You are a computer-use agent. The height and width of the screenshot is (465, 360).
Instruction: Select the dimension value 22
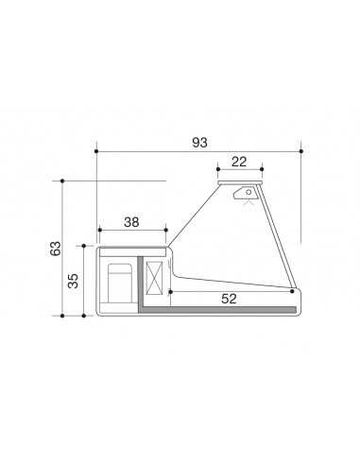(x=238, y=162)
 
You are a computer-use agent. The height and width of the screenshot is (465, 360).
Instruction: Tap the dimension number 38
(x=131, y=222)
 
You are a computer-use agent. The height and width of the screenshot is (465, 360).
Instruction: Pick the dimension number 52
(x=230, y=299)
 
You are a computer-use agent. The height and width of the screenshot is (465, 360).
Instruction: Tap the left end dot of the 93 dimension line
(x=96, y=150)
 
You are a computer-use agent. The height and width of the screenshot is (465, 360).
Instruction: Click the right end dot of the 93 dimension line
(x=300, y=150)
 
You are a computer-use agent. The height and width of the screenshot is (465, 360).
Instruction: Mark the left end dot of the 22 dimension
(x=218, y=170)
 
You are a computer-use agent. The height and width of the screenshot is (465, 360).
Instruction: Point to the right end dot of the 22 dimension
(x=263, y=170)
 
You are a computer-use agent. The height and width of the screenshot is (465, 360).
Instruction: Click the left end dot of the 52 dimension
(x=169, y=292)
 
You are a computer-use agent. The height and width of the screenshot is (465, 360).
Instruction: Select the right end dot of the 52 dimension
(x=294, y=292)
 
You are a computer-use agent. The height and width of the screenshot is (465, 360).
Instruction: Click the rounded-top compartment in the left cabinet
(x=119, y=281)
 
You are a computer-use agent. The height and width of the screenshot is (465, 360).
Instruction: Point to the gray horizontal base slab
(x=217, y=309)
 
